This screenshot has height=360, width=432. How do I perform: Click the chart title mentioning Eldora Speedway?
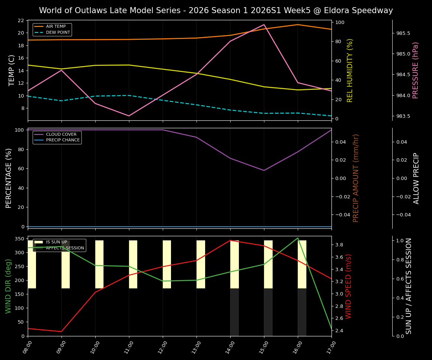[216, 10]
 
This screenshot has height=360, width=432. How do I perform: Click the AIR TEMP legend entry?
[55, 27]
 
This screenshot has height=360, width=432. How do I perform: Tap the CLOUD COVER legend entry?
[61, 134]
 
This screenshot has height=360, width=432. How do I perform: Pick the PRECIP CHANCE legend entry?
[63, 140]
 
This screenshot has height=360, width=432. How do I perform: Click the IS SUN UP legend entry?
[56, 242]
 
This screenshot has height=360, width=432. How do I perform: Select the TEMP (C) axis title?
[12, 70]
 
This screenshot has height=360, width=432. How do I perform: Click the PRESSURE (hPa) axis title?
[415, 70]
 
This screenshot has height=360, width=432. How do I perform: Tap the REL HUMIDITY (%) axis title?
[350, 70]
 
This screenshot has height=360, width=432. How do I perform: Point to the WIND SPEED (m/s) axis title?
[349, 286]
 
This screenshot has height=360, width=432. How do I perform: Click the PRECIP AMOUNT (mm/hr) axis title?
[356, 178]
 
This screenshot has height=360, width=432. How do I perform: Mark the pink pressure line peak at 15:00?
[264, 24]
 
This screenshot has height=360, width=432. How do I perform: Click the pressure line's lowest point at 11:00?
[129, 116]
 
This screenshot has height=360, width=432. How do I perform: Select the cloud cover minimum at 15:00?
[264, 170]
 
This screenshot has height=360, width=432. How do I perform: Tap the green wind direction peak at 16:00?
[298, 238]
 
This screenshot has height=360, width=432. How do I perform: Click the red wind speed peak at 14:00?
[230, 240]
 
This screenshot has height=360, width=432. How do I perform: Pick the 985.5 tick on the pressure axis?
[403, 33]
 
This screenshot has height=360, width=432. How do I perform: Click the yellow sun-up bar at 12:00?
[167, 264]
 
